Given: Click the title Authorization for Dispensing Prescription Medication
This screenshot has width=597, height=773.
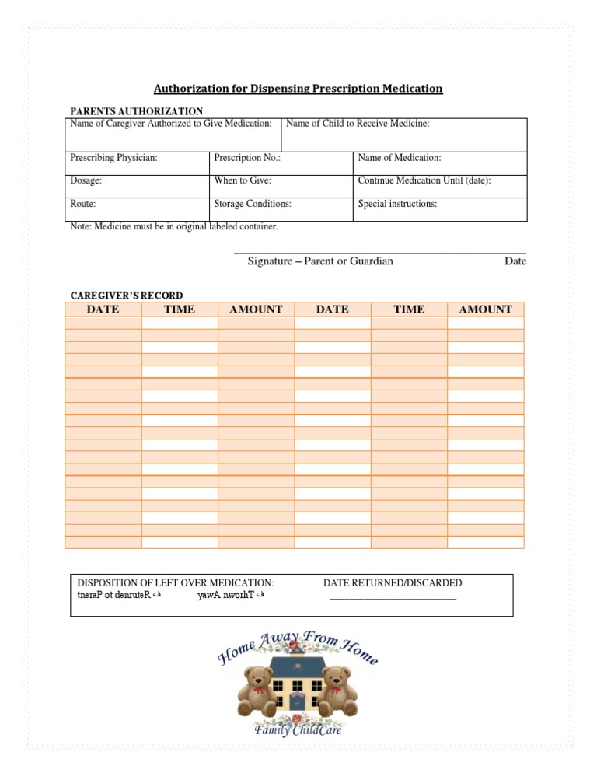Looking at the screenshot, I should [298, 89].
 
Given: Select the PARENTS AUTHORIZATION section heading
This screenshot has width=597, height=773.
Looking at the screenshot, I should [137, 111].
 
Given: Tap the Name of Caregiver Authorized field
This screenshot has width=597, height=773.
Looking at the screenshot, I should [171, 135].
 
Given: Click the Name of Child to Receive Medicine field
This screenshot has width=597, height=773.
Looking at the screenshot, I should [403, 135].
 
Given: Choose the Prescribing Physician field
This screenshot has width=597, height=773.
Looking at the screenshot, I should [137, 163].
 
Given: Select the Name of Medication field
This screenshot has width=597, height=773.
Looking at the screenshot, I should [439, 163].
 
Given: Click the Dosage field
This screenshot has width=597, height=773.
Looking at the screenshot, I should [137, 186].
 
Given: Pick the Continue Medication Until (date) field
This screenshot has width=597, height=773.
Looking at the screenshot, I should [439, 186].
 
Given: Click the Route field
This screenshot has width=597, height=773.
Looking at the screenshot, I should [137, 209].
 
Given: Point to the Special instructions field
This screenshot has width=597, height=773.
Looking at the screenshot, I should [439, 209].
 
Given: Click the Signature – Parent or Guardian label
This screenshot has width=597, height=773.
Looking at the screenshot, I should [320, 261].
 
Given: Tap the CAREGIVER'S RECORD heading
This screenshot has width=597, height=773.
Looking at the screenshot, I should [127, 296].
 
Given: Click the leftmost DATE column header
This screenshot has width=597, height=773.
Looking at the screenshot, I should [103, 310].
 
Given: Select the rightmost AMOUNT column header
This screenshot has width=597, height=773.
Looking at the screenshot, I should [486, 310].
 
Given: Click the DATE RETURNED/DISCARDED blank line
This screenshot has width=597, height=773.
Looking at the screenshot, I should [393, 597].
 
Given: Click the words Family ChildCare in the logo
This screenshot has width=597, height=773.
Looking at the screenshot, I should [298, 730].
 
